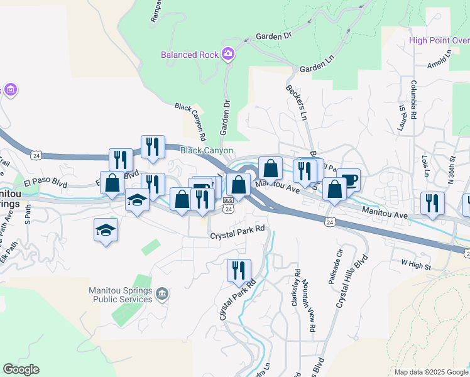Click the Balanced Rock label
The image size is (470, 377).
[189, 54]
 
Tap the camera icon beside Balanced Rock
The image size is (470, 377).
[227, 53]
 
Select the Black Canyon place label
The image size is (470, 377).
[207, 151]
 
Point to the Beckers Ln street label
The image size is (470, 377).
[297, 103]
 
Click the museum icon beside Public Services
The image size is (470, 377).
[162, 293]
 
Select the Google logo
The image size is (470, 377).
[21, 369]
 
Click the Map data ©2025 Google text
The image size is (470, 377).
[430, 372]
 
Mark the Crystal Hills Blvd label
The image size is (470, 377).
[351, 280]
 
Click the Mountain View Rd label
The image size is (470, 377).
[309, 305]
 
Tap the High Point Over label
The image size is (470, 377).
[439, 41]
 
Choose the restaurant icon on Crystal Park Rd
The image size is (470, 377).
[239, 271]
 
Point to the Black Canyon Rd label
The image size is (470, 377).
[191, 122]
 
